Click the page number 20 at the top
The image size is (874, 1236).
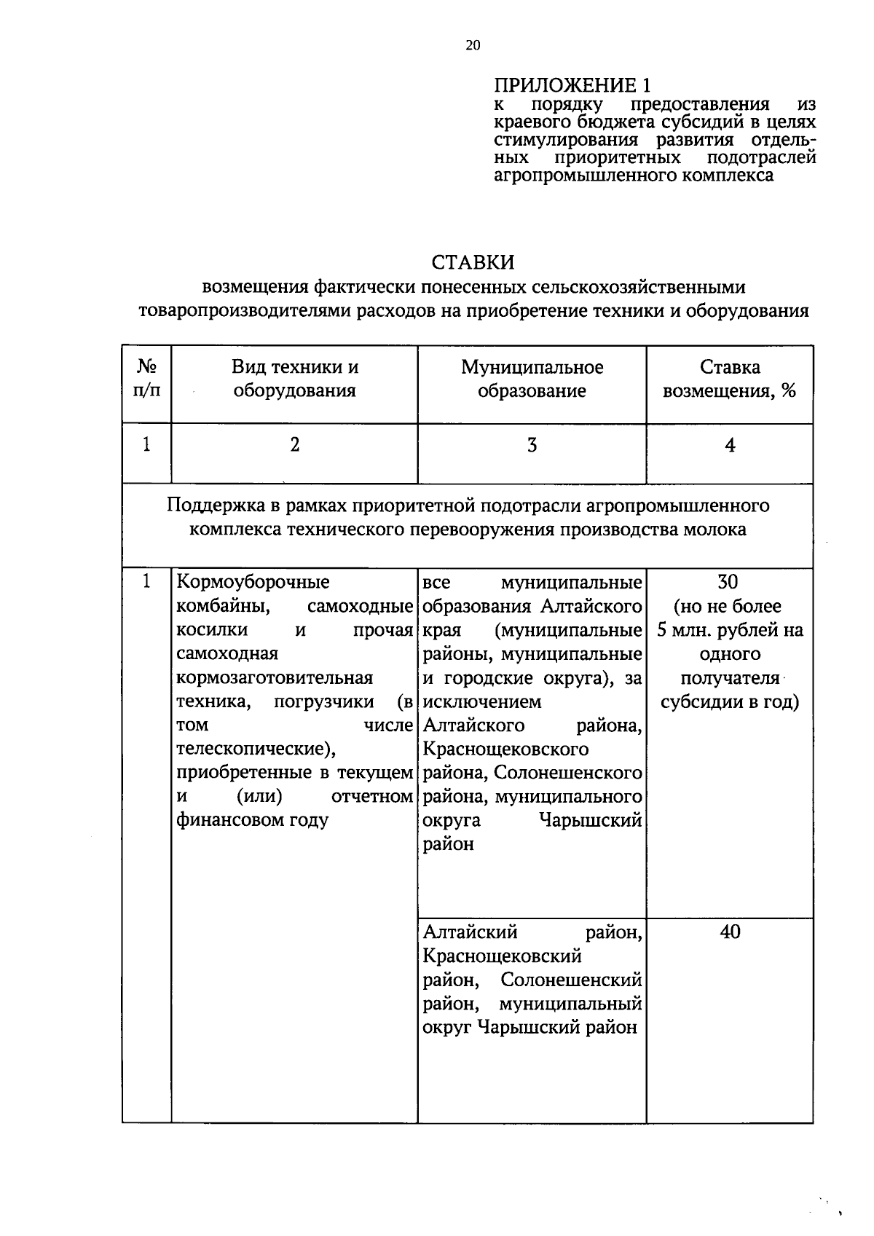click(x=473, y=45)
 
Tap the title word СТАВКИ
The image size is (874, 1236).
click(x=473, y=262)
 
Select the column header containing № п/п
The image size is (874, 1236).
click(x=146, y=379)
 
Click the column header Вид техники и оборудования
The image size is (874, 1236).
click(x=294, y=379)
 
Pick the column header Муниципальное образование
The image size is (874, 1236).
click(x=532, y=379)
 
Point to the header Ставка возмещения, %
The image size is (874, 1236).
click(x=729, y=379)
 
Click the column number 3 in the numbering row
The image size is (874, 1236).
click(x=532, y=445)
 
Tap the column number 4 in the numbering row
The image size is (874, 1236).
click(x=730, y=445)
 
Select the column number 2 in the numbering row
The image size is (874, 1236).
click(x=294, y=445)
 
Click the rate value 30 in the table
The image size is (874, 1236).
click(x=728, y=582)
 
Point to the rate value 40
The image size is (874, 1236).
click(x=730, y=932)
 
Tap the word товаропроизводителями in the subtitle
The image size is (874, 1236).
click(x=247, y=311)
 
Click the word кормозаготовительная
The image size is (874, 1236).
click(x=275, y=677)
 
